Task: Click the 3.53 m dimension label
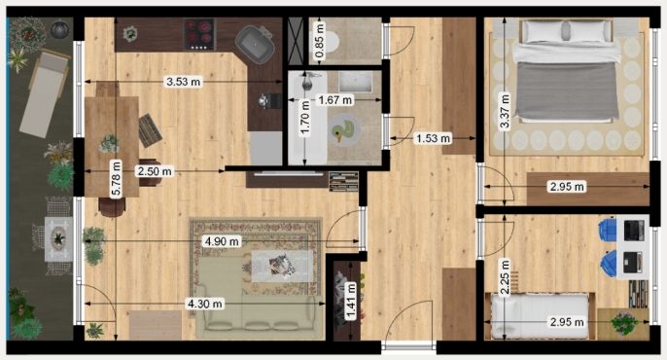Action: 184,82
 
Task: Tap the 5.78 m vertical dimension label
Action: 116,179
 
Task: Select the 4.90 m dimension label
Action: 222,241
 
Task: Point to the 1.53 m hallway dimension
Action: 433,138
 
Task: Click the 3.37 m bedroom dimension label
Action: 505,111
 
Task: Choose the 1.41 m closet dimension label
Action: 351,301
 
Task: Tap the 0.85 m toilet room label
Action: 319,41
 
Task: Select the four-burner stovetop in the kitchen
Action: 199,34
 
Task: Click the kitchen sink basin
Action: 255,44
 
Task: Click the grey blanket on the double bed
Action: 566,90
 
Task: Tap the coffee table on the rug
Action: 283,266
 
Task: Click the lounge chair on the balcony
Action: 44,93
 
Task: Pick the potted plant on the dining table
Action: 109,143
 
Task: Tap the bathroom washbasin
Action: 356,82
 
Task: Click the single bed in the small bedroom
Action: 541,316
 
